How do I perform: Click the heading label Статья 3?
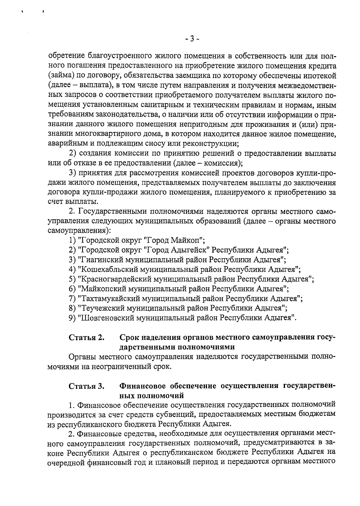pos(87,386)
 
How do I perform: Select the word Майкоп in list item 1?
pos(188,240)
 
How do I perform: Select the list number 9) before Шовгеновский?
pos(72,318)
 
